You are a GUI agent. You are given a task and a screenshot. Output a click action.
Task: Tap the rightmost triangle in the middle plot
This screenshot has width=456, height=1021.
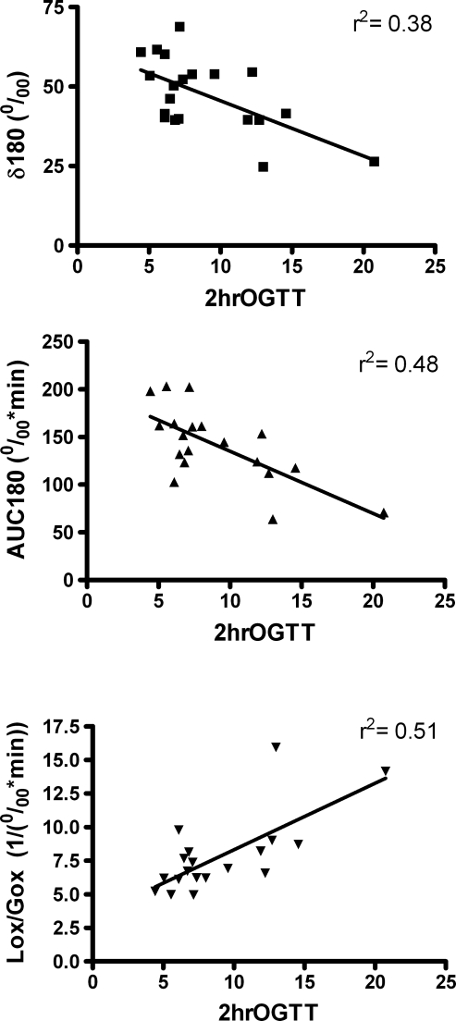tap(384, 512)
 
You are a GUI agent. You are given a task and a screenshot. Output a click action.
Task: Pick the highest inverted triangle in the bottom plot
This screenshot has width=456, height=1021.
tap(275, 747)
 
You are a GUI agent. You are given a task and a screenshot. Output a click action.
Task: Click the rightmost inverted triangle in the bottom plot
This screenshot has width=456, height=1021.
tap(386, 770)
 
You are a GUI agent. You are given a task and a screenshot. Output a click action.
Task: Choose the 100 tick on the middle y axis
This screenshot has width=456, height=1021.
tap(61, 485)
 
